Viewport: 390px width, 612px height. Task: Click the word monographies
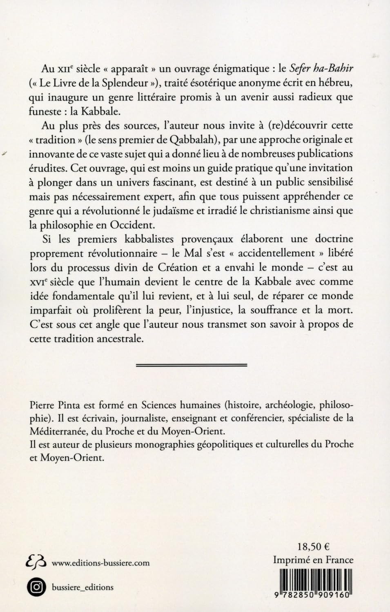click(x=163, y=445)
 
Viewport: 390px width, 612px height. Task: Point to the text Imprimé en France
click(x=313, y=560)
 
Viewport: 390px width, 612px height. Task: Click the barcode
click(x=312, y=583)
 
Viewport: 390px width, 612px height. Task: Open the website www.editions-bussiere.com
click(x=100, y=563)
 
